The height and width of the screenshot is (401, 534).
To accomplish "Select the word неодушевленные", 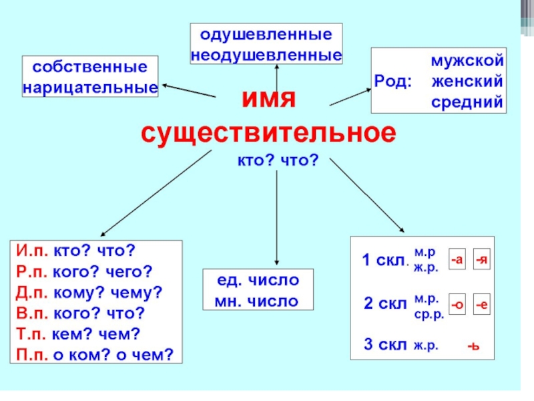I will [267, 54].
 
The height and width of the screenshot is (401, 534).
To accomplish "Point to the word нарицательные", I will [91, 87].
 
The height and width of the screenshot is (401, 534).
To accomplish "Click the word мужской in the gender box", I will [466, 61].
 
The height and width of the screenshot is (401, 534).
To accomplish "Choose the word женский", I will [466, 82].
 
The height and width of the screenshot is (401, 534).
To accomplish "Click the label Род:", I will [394, 82].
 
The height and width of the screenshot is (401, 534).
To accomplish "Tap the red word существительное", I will [268, 132].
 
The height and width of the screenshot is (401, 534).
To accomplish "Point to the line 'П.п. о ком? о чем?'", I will [93, 354].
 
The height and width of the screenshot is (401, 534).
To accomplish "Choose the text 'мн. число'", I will [256, 301].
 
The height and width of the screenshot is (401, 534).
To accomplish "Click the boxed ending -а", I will [457, 260].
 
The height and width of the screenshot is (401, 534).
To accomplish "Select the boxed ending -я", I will [482, 260].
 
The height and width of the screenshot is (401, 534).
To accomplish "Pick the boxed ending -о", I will [457, 304].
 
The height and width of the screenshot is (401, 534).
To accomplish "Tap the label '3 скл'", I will [384, 345].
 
